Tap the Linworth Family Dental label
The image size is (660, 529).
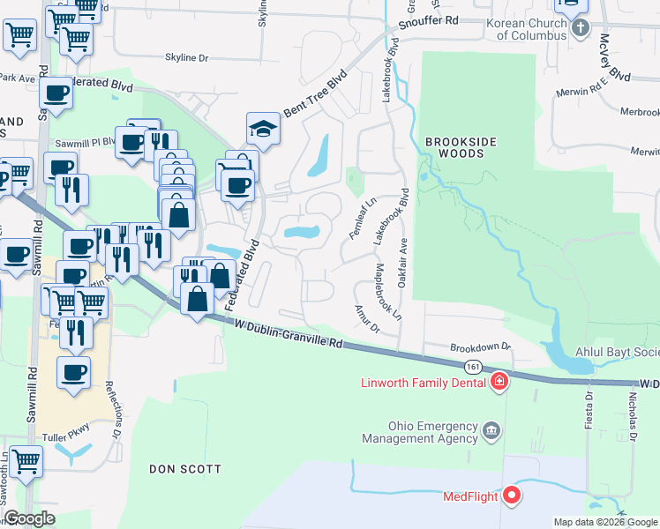[424, 383]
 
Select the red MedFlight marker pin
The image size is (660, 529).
[512, 495]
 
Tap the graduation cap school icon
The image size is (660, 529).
[263, 129]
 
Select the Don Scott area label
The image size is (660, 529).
[185, 469]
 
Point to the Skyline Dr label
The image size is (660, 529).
[186, 58]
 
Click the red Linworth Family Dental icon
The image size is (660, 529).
[499, 382]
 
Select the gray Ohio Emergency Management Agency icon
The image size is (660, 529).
[492, 431]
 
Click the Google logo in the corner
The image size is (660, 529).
[29, 519]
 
